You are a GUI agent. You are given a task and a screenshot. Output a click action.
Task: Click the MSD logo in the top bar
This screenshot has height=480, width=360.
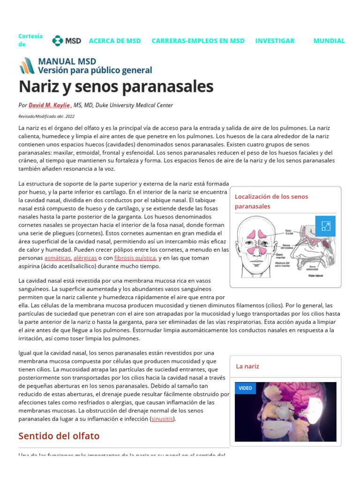point(67,41)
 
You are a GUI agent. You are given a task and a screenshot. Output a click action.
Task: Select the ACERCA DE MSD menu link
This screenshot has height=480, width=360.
point(115,41)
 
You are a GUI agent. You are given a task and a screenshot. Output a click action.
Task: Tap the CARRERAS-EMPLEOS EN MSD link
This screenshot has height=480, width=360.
point(198,41)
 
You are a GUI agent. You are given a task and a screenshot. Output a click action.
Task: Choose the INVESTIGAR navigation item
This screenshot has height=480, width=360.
point(275,41)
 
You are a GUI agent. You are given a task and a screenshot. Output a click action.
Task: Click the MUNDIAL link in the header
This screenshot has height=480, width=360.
point(329,41)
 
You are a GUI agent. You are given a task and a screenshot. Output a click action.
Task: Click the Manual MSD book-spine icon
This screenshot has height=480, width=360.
point(27,66)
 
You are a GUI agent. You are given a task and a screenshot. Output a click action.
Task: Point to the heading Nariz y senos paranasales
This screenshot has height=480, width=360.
point(116,86)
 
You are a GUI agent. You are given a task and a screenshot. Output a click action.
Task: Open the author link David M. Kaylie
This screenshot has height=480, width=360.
point(49,105)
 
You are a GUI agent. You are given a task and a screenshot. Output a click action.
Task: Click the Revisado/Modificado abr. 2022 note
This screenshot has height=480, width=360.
point(46,116)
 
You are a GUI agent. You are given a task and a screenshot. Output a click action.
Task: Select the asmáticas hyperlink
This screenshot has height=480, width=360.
point(58,258)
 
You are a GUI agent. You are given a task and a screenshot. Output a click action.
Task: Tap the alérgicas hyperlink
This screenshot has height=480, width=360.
point(85,258)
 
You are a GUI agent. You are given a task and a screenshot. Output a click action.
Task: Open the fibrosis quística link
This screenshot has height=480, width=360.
point(135,258)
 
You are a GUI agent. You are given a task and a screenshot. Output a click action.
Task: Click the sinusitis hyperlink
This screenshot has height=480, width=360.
point(162,419)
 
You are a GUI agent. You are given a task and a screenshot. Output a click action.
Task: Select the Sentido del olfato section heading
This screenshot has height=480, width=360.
point(59,436)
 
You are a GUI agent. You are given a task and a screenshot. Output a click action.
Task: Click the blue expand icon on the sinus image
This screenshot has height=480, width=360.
point(325,226)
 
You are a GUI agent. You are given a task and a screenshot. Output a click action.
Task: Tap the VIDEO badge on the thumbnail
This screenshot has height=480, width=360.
point(245,388)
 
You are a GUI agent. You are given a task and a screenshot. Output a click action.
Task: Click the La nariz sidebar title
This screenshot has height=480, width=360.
point(247,366)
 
